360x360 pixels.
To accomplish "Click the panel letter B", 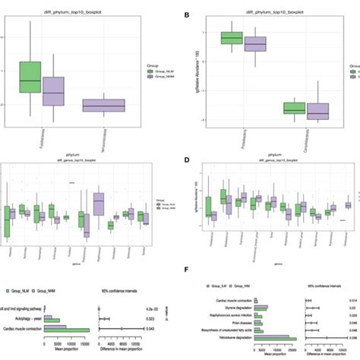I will (x=187, y=14).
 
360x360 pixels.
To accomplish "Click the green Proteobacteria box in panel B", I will (x=231, y=38).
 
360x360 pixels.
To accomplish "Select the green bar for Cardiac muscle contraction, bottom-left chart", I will (x=69, y=328).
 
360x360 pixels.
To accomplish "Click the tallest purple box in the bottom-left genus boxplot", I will (x=98, y=204).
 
